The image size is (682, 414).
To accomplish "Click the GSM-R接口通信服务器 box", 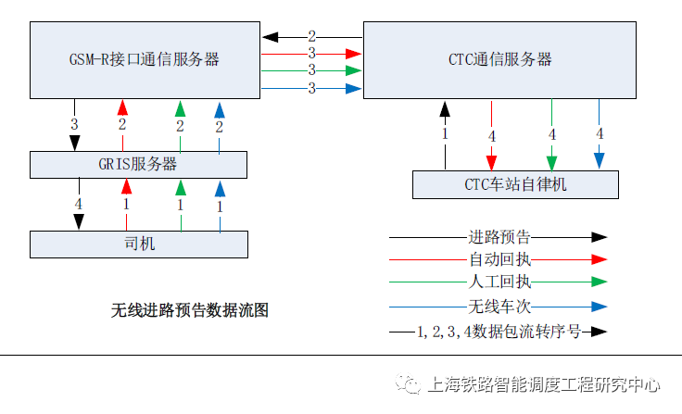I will [x=145, y=59].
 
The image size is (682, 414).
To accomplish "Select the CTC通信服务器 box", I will [x=499, y=59].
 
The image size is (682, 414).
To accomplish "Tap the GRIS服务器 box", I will [x=138, y=165].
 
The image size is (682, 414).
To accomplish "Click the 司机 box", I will [x=139, y=244].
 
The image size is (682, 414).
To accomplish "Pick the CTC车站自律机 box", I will [x=515, y=184].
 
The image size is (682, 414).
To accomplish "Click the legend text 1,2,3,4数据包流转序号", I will [x=499, y=331].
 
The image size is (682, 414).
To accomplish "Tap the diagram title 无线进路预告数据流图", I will [x=190, y=309].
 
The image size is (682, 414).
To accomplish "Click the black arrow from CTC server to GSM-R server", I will [x=287, y=37].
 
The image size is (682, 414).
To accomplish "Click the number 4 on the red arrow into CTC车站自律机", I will [x=491, y=136].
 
